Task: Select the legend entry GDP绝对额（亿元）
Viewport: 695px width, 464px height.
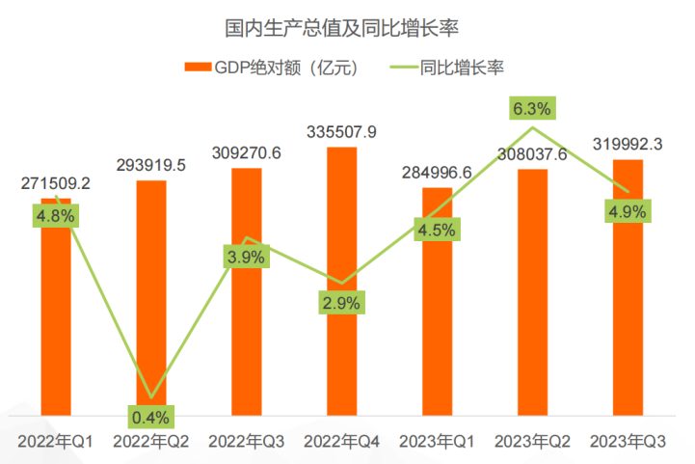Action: pyautogui.click(x=272, y=68)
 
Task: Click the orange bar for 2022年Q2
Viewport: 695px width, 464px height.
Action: pyautogui.click(x=150, y=289)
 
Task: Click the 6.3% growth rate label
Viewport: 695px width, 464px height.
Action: pyautogui.click(x=532, y=107)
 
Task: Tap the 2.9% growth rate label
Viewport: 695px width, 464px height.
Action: pyautogui.click(x=341, y=303)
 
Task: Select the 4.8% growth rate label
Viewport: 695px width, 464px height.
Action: pyautogui.click(x=56, y=216)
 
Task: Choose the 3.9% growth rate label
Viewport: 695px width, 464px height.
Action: pyautogui.click(x=246, y=256)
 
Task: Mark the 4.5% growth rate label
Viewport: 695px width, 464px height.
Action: pyautogui.click(x=437, y=230)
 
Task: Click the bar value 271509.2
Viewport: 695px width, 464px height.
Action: pyautogui.click(x=56, y=182)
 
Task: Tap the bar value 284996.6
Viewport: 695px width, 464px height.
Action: pyautogui.click(x=437, y=173)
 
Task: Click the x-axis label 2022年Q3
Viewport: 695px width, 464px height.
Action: pyautogui.click(x=246, y=442)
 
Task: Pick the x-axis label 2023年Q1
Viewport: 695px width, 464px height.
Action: pyautogui.click(x=437, y=442)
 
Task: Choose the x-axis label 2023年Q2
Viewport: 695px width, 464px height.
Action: pyautogui.click(x=532, y=442)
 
